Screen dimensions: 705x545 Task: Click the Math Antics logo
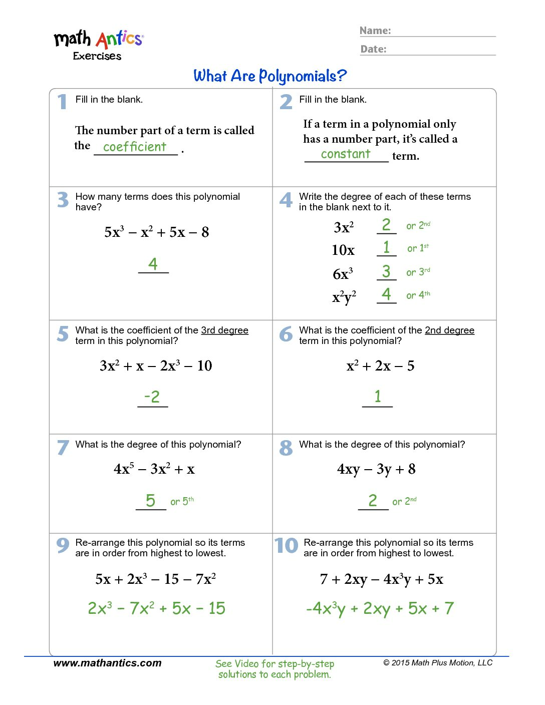(x=99, y=44)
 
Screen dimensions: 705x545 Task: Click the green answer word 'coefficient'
(x=134, y=147)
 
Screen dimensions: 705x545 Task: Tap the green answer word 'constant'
(x=346, y=154)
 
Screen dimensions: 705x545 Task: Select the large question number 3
(x=63, y=200)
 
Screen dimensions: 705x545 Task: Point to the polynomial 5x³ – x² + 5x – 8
(x=156, y=232)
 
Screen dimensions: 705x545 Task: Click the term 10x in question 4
(x=343, y=250)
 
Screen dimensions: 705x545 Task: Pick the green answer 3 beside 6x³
(x=386, y=271)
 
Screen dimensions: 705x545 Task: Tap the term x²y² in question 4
(x=344, y=297)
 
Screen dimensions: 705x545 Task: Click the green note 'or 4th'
(x=418, y=295)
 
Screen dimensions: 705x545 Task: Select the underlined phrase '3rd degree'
(x=224, y=330)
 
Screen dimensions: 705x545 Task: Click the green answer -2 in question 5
(x=152, y=397)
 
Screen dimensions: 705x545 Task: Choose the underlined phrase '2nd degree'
(x=449, y=330)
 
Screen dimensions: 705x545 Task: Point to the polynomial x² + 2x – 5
(x=380, y=366)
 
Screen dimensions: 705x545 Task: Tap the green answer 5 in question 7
(x=150, y=500)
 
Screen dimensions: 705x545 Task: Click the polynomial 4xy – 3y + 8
(x=376, y=469)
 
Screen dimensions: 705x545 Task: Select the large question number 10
(x=286, y=545)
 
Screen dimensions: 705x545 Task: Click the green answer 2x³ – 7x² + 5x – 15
(x=156, y=608)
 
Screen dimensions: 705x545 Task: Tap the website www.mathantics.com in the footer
(x=107, y=663)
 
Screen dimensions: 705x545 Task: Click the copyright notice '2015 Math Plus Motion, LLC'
(x=438, y=663)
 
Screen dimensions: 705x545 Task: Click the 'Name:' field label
(x=375, y=31)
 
